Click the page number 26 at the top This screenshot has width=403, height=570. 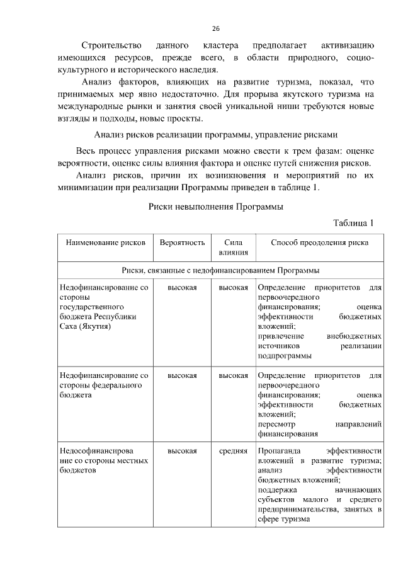point(215,28)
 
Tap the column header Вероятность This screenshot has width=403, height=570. point(182,242)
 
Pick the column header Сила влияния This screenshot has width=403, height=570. point(232,248)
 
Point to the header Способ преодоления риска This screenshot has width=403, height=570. point(319,242)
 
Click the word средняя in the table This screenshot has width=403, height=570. point(232,451)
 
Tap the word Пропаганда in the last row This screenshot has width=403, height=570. point(279,451)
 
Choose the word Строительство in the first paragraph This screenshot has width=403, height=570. point(111,46)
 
